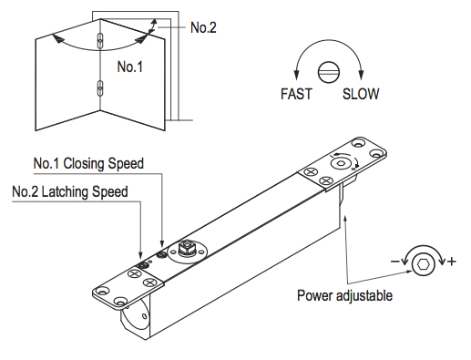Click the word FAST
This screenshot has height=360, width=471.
pos(296,94)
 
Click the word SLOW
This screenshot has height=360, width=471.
pos(361,94)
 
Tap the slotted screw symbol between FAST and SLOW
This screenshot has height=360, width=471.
pos(329,73)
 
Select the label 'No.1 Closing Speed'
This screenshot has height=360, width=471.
pos(88,163)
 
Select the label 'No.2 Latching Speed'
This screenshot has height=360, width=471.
pos(70,191)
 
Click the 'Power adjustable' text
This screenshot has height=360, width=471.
pos(344,295)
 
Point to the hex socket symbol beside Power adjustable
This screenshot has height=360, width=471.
pos(424,264)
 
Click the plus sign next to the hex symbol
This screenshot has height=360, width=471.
pos(452,262)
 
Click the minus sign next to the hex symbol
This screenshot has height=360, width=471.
pos(394,262)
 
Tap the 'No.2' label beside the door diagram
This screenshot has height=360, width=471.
pos(203,27)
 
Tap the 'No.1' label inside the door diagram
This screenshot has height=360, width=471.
pos(129,67)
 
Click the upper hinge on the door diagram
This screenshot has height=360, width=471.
pos(100,40)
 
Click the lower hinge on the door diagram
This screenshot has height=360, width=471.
pos(100,88)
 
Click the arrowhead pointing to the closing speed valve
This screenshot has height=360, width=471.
pos(162,242)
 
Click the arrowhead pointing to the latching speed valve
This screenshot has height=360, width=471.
pos(140,255)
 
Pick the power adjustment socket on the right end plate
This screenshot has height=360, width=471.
pos(341,163)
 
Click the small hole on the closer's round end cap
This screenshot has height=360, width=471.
pos(145,317)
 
